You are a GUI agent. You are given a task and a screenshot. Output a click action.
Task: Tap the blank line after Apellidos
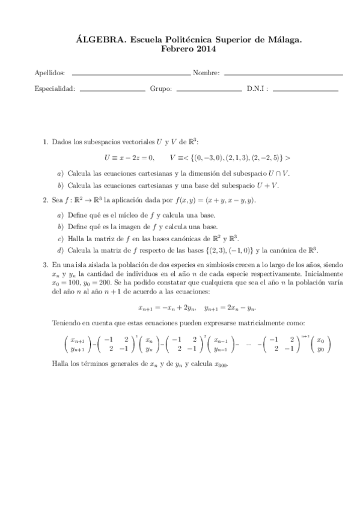[x=130, y=74]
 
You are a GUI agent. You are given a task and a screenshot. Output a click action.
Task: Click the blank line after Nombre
[x=282, y=74]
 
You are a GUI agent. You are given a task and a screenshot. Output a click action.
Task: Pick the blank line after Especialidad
[x=112, y=90]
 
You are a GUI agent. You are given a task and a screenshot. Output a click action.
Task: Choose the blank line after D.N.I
[x=305, y=90]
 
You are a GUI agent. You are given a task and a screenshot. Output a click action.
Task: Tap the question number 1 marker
[x=45, y=142]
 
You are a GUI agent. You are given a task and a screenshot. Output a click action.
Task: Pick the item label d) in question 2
[x=59, y=250]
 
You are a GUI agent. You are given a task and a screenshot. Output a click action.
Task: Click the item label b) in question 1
[x=59, y=185]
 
